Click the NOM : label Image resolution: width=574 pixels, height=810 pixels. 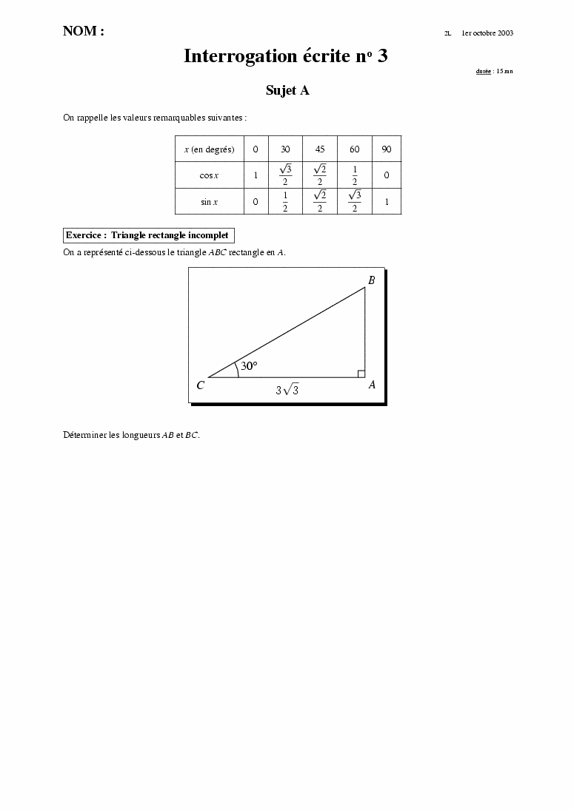pyautogui.click(x=83, y=31)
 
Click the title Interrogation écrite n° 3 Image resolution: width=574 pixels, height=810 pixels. pyautogui.click(x=286, y=56)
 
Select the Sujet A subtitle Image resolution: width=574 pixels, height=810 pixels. pyautogui.click(x=287, y=90)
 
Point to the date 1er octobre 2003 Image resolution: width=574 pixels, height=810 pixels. pyautogui.click(x=487, y=33)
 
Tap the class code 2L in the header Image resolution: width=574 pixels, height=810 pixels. pyautogui.click(x=447, y=33)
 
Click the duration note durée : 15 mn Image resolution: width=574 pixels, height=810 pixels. pyautogui.click(x=494, y=72)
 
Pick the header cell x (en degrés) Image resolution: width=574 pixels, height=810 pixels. pyautogui.click(x=209, y=149)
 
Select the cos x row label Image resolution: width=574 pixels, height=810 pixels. pyautogui.click(x=209, y=176)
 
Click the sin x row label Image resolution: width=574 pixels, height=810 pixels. pyautogui.click(x=209, y=202)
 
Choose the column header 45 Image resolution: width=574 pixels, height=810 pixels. pyautogui.click(x=320, y=149)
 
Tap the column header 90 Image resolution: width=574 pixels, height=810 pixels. pyautogui.click(x=386, y=149)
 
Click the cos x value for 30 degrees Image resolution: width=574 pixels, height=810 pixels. pyautogui.click(x=285, y=176)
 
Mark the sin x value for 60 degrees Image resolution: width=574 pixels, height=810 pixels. pyautogui.click(x=355, y=202)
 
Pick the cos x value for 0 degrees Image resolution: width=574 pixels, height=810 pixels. pyautogui.click(x=256, y=176)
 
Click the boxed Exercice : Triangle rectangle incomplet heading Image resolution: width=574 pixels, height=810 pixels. pyautogui.click(x=149, y=235)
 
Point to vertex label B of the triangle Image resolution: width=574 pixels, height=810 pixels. pyautogui.click(x=371, y=280)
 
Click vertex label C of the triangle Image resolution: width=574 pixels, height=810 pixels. pyautogui.click(x=200, y=385)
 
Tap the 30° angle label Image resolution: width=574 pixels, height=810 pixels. pyautogui.click(x=249, y=365)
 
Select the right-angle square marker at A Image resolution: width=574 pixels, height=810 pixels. pyautogui.click(x=361, y=374)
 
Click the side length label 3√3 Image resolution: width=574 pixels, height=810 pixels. pyautogui.click(x=287, y=390)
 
